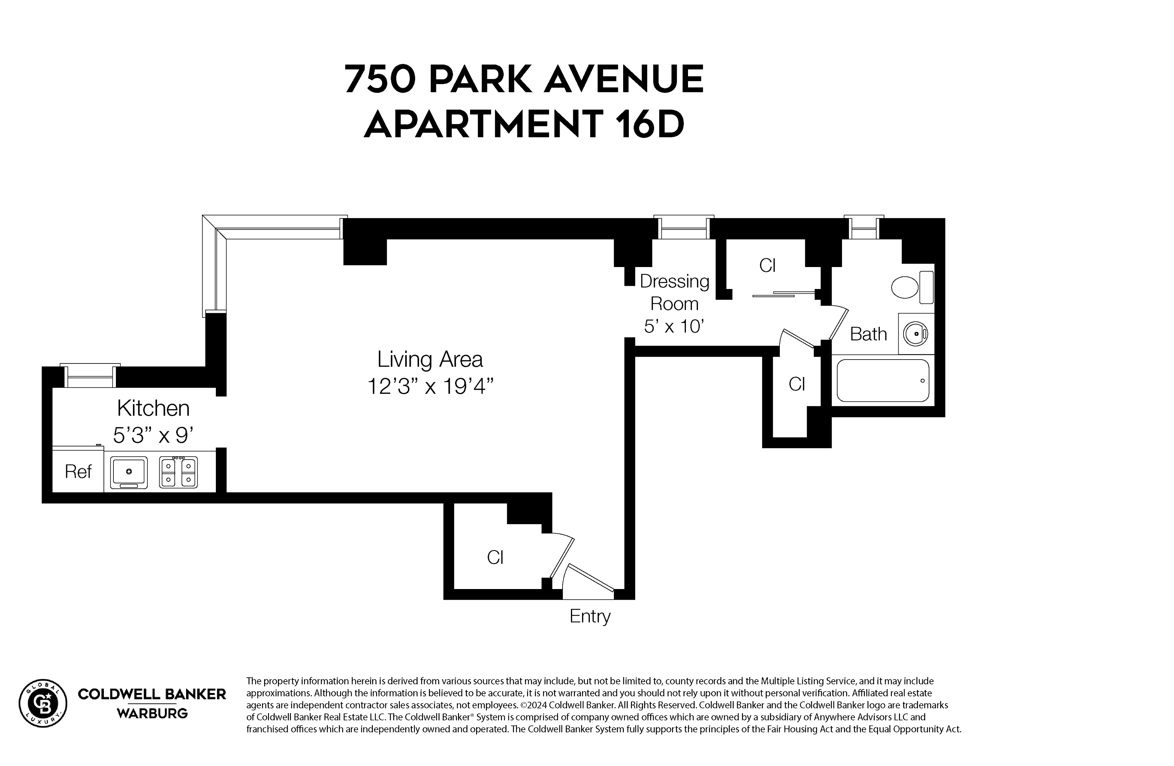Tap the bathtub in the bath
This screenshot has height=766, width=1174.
[x=883, y=381]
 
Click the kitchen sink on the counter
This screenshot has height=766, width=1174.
[x=128, y=472]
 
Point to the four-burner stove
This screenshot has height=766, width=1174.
[x=178, y=472]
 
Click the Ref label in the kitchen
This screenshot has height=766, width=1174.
[x=78, y=472]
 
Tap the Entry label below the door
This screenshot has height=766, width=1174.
[x=589, y=616]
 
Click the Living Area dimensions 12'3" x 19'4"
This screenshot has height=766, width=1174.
[x=430, y=386]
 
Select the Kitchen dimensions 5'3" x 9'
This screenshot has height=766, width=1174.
[x=152, y=435]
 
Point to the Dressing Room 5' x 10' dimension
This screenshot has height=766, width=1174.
[x=673, y=326]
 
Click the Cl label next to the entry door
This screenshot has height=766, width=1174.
[x=495, y=557]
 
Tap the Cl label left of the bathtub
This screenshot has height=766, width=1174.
[x=796, y=384]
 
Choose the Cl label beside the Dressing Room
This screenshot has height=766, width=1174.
[x=767, y=266]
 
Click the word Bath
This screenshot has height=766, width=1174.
[x=868, y=334]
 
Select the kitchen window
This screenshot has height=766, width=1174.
[x=90, y=377]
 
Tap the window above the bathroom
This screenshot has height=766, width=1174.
[x=864, y=228]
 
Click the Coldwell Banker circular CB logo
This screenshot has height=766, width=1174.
[x=43, y=703]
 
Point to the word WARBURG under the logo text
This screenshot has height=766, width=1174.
[x=152, y=713]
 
